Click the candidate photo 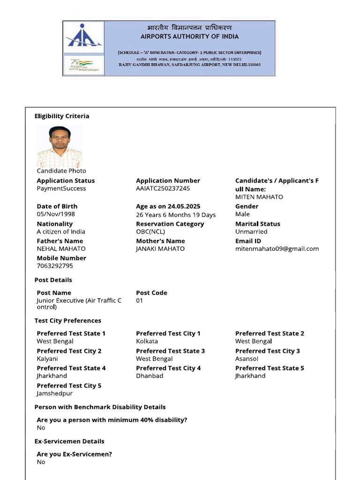point(60,146)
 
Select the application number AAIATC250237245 point(163,188)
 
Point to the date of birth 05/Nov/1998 point(56,214)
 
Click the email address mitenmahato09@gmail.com point(277,249)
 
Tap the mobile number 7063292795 point(55,266)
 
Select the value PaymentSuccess point(61,188)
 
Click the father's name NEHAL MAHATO point(61,249)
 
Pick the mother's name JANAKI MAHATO point(160,249)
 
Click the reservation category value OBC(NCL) point(150,232)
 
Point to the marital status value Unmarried point(251,232)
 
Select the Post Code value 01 point(140,300)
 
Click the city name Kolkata point(147,341)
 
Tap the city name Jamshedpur point(55,393)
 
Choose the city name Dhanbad point(150,376)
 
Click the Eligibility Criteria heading point(62,116)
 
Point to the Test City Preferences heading point(68,321)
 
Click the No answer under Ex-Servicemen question point(41,462)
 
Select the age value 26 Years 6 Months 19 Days point(176,215)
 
